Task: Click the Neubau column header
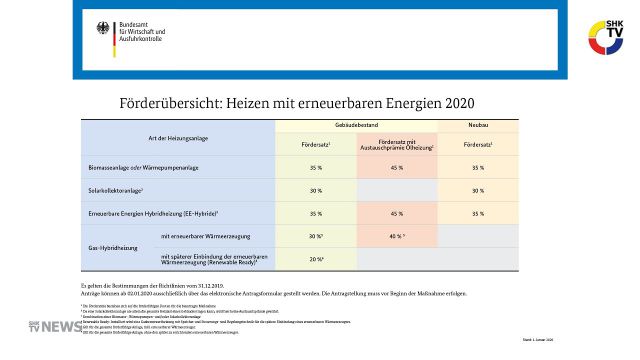pyautogui.click(x=477, y=123)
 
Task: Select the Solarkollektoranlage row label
pyautogui.click(x=118, y=190)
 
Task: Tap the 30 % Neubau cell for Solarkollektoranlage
pyautogui.click(x=477, y=190)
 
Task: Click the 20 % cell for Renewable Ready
pyautogui.click(x=316, y=259)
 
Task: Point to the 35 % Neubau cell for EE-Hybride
pyautogui.click(x=477, y=213)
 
